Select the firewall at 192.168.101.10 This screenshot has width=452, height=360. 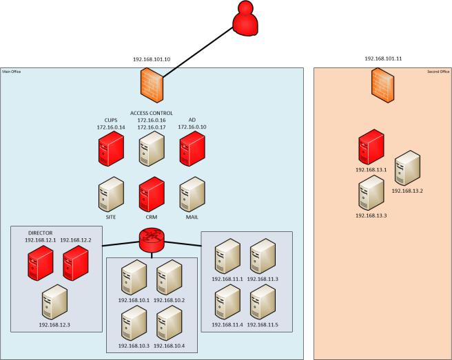click(151, 87)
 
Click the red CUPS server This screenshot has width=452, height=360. click(110, 149)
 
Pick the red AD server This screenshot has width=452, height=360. click(192, 149)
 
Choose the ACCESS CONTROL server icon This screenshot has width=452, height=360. click(152, 149)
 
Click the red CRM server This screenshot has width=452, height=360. click(152, 194)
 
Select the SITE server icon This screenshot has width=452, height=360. click(110, 194)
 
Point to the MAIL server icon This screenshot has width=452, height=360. click(192, 194)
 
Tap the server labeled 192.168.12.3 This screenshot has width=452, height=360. click(54, 301)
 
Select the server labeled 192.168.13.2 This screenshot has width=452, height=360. click(407, 167)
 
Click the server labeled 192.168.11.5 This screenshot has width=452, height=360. click(263, 301)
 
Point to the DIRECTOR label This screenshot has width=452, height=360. click(40, 233)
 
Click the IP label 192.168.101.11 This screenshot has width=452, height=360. click(383, 59)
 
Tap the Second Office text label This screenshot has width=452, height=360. click(438, 72)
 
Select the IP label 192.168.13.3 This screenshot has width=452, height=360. click(371, 215)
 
